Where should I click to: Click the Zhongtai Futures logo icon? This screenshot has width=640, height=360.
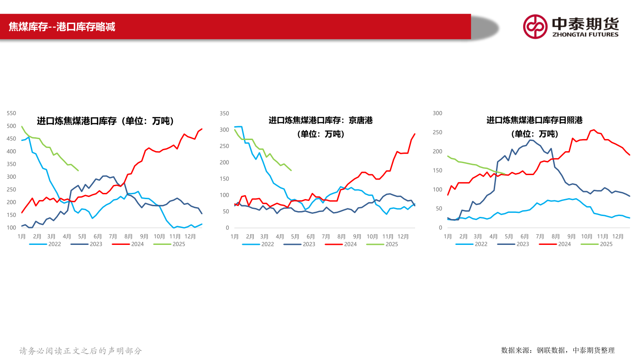pos(535,26)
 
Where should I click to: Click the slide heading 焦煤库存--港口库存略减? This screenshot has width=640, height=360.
pos(62,27)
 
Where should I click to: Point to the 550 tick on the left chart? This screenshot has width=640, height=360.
pos(12,114)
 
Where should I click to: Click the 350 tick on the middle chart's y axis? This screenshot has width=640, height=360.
pos(224,114)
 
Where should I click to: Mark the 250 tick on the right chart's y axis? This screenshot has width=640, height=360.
pos(438,132)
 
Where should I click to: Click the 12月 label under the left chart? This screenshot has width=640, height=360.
pos(190,236)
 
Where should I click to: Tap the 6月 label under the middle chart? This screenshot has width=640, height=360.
pos(310,236)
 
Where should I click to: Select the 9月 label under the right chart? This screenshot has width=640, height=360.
pos(572,236)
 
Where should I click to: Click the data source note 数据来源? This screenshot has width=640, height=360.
pos(558,350)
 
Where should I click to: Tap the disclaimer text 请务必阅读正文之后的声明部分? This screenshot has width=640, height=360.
pos(80,351)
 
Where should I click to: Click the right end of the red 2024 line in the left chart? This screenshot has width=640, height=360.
pos(202,129)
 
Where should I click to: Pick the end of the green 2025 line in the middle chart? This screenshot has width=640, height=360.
pos(291,170)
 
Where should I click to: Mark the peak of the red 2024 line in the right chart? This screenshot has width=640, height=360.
pos(594,130)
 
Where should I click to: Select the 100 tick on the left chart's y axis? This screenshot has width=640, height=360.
pos(12,228)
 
